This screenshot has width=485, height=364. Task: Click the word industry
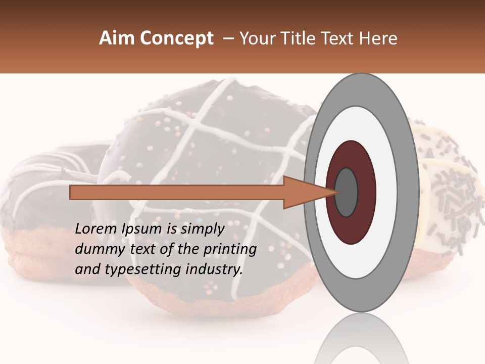click(214, 269)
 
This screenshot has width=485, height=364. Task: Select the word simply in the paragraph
click(202, 229)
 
